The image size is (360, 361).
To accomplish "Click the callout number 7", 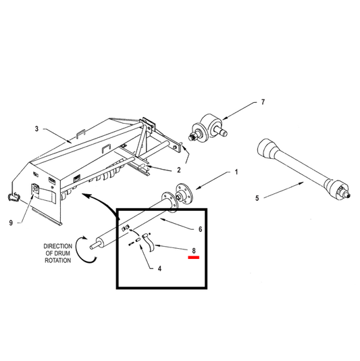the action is tap(263, 102).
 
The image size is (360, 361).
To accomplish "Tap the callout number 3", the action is tap(36, 129).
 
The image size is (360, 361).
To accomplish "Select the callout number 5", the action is tap(257, 198).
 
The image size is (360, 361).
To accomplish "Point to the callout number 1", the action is tap(236, 172).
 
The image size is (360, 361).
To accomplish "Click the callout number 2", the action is tap(179, 170).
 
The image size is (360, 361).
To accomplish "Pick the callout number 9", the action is tap(11, 223).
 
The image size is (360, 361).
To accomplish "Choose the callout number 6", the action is tap(200, 229).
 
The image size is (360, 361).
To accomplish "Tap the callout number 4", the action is tap(159, 268).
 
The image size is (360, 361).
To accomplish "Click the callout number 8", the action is tap(194, 251).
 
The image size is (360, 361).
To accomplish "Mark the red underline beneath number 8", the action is tap(193, 258).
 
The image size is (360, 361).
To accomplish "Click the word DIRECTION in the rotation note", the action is tap(57, 246).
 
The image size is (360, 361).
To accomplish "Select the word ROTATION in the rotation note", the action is tap(57, 260).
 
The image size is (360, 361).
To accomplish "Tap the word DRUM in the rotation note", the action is tap(63, 254).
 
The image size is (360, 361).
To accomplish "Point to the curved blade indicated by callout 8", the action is tap(149, 243).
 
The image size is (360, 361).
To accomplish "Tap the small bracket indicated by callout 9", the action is tap(35, 189).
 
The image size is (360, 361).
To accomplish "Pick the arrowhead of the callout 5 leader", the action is tap(301, 183).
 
